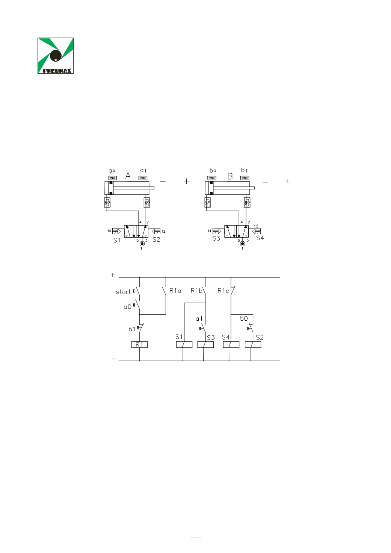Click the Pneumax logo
pyautogui.click(x=56, y=56)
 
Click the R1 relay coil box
pyautogui.click(x=139, y=344)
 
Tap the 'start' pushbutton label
pyautogui.click(x=123, y=292)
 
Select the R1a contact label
pyautogui.click(x=175, y=291)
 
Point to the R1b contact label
pyautogui.click(x=196, y=291)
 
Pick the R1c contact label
pyautogui.click(x=223, y=291)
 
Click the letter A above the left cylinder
pyautogui.click(x=128, y=176)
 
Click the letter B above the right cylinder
pyautogui.click(x=230, y=176)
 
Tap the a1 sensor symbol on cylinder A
pyautogui.click(x=143, y=178)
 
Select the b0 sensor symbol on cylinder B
pyautogui.click(x=212, y=178)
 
